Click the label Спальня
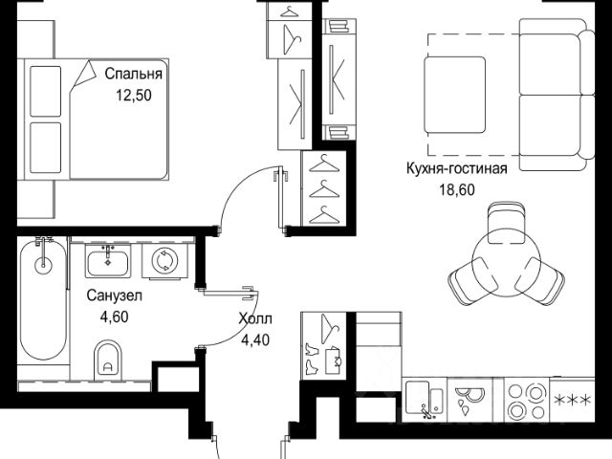(134, 74)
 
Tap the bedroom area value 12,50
(134, 96)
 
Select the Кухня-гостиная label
(457, 169)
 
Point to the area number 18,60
(457, 190)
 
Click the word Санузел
(115, 295)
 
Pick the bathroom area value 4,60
(115, 317)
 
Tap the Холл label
(255, 319)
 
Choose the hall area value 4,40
(255, 340)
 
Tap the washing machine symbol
(164, 261)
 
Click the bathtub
(43, 298)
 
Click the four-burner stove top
(527, 400)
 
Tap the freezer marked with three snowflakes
(572, 400)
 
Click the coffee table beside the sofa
(455, 95)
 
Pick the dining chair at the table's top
(506, 223)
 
